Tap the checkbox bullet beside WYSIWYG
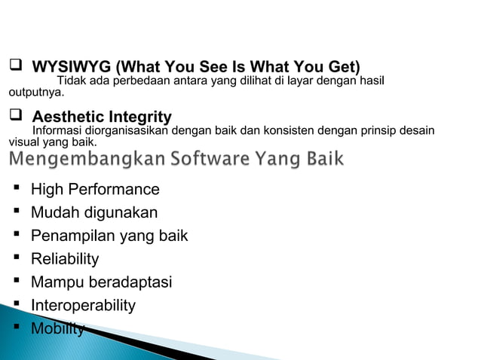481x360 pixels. [x=14, y=66]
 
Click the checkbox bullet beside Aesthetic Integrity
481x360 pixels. [x=14, y=117]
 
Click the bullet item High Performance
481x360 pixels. [x=95, y=189]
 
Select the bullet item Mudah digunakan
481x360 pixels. [x=94, y=212]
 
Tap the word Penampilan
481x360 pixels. [x=71, y=236]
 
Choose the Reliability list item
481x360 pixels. [x=65, y=259]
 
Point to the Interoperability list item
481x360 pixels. [x=83, y=305]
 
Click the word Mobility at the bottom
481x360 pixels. [x=57, y=328]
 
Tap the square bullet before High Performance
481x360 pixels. [x=15, y=189]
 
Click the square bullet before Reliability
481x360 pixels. [x=15, y=259]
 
